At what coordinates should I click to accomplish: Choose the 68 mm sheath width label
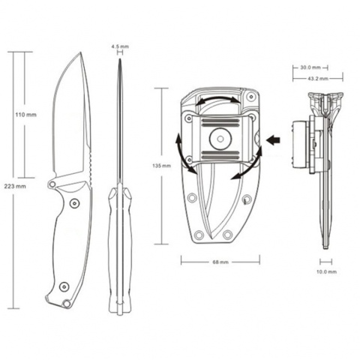[x=220, y=262]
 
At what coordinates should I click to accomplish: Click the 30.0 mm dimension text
[x=310, y=67]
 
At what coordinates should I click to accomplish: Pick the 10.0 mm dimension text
[x=327, y=271]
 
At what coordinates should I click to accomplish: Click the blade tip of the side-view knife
[x=79, y=53]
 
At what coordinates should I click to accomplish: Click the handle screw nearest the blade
[x=73, y=203]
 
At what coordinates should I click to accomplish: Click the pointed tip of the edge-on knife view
[x=120, y=60]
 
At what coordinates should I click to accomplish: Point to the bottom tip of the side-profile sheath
[x=326, y=247]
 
